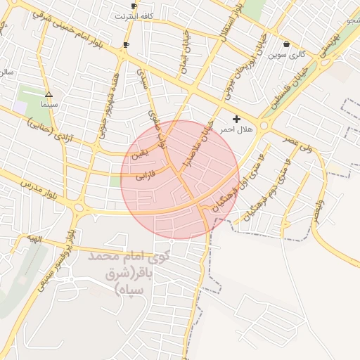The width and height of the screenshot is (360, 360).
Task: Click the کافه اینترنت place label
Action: tap(136, 15)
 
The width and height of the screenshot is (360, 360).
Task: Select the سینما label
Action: tap(49, 104)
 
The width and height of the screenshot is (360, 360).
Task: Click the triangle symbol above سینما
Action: tap(49, 94)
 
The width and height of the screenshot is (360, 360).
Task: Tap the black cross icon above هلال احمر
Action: tap(236, 120)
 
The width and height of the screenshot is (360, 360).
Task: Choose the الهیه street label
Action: tap(32, 240)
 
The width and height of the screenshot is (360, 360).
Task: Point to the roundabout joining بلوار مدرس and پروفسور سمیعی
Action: tap(79, 208)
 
